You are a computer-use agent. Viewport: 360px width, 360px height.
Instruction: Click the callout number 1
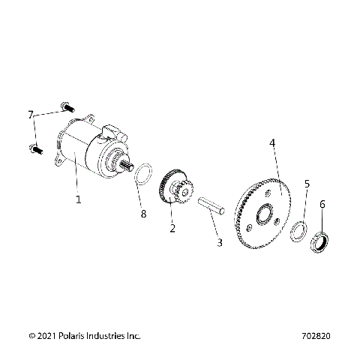78,199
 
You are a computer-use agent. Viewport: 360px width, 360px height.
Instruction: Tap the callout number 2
172,229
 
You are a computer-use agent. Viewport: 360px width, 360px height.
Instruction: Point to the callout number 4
273,142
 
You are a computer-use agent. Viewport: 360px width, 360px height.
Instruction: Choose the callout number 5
306,184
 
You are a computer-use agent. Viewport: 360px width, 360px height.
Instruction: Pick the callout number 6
322,203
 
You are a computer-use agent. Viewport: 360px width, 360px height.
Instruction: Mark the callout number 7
31,115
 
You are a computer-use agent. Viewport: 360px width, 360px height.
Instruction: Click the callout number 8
143,214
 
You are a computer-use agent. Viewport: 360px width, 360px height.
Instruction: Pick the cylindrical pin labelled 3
209,205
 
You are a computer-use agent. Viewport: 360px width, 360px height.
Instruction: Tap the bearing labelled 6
319,243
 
